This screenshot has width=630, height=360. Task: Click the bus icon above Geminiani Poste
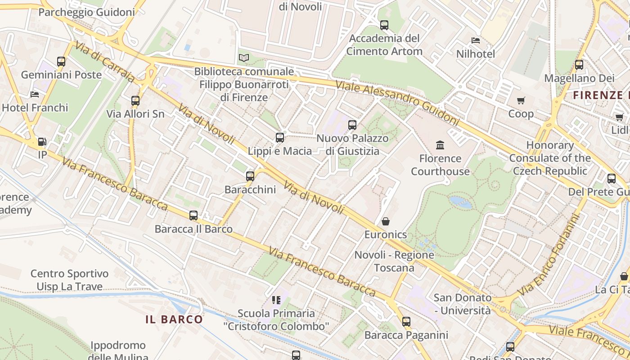[x=61, y=62]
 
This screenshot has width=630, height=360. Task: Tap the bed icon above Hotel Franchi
[x=35, y=94]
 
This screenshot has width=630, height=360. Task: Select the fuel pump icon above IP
[x=42, y=142]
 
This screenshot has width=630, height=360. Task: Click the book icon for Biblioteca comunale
[x=243, y=58]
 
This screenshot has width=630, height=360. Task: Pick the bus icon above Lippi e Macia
[x=280, y=138]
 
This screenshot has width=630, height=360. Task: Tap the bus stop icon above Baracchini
[x=250, y=176]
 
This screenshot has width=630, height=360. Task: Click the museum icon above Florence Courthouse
[x=440, y=145]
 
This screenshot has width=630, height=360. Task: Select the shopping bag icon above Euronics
[x=386, y=221]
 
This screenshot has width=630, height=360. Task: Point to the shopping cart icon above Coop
[x=521, y=100]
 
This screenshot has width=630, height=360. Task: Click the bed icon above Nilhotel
[x=476, y=40]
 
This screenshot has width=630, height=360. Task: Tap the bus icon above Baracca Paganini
[x=406, y=322]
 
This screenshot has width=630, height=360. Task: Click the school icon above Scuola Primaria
[x=276, y=300]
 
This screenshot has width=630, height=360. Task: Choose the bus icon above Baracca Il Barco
[x=193, y=216]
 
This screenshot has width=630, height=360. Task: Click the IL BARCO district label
[x=174, y=319]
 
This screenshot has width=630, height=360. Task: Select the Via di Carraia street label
[x=104, y=62]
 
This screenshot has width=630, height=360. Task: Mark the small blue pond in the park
[x=461, y=202]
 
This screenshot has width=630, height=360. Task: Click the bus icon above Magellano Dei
[x=579, y=65]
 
